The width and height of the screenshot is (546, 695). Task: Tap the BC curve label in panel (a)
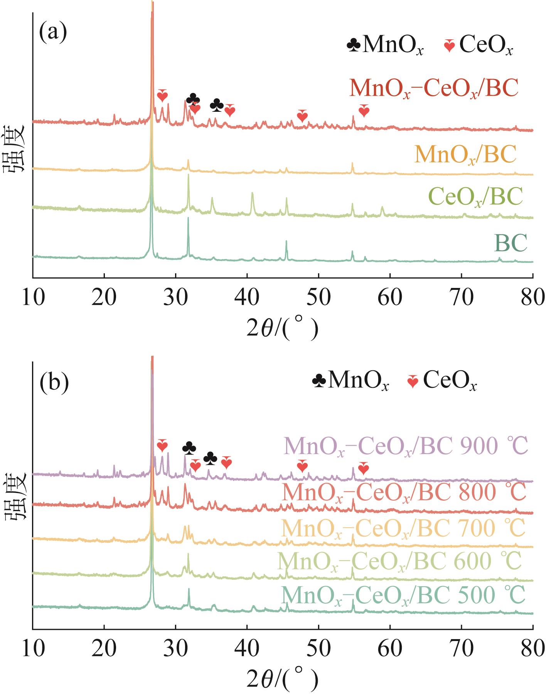(511, 243)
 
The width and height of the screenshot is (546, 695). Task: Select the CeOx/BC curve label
(475, 196)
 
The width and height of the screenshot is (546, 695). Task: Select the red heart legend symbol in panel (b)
(413, 382)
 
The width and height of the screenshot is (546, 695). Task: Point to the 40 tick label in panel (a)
(247, 299)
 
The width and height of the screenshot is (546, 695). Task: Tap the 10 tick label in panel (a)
(33, 299)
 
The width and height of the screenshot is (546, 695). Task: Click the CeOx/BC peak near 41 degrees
(252, 194)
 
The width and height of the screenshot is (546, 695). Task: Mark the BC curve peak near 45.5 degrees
(286, 242)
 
